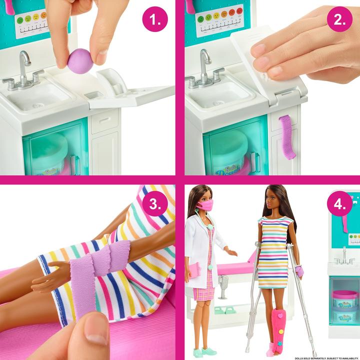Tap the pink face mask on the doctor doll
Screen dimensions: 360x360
click(x=205, y=205)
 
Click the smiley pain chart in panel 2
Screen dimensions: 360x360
click(x=219, y=20)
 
